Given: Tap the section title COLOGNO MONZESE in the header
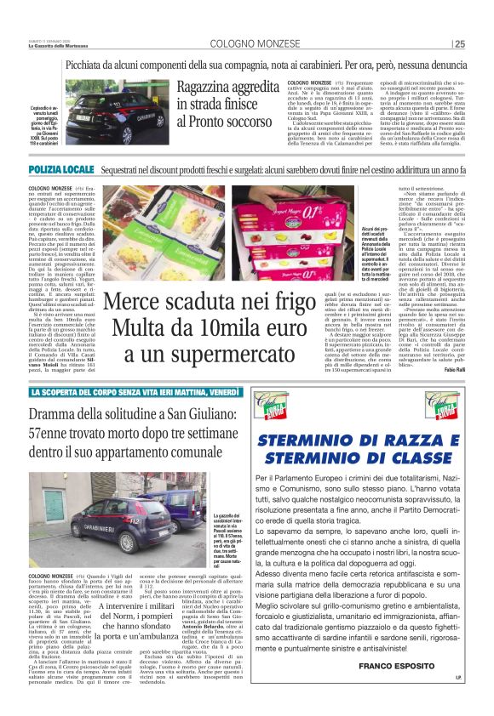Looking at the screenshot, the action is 248,43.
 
